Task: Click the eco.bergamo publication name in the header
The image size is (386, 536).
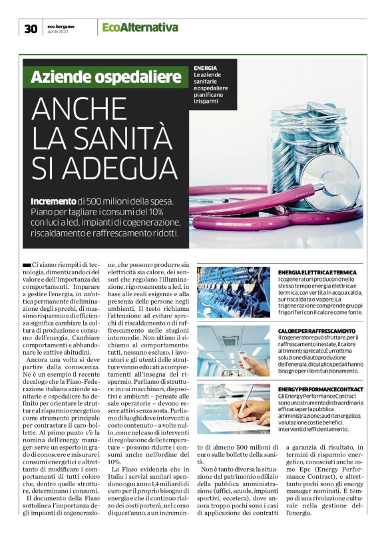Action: click(x=61, y=25)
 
